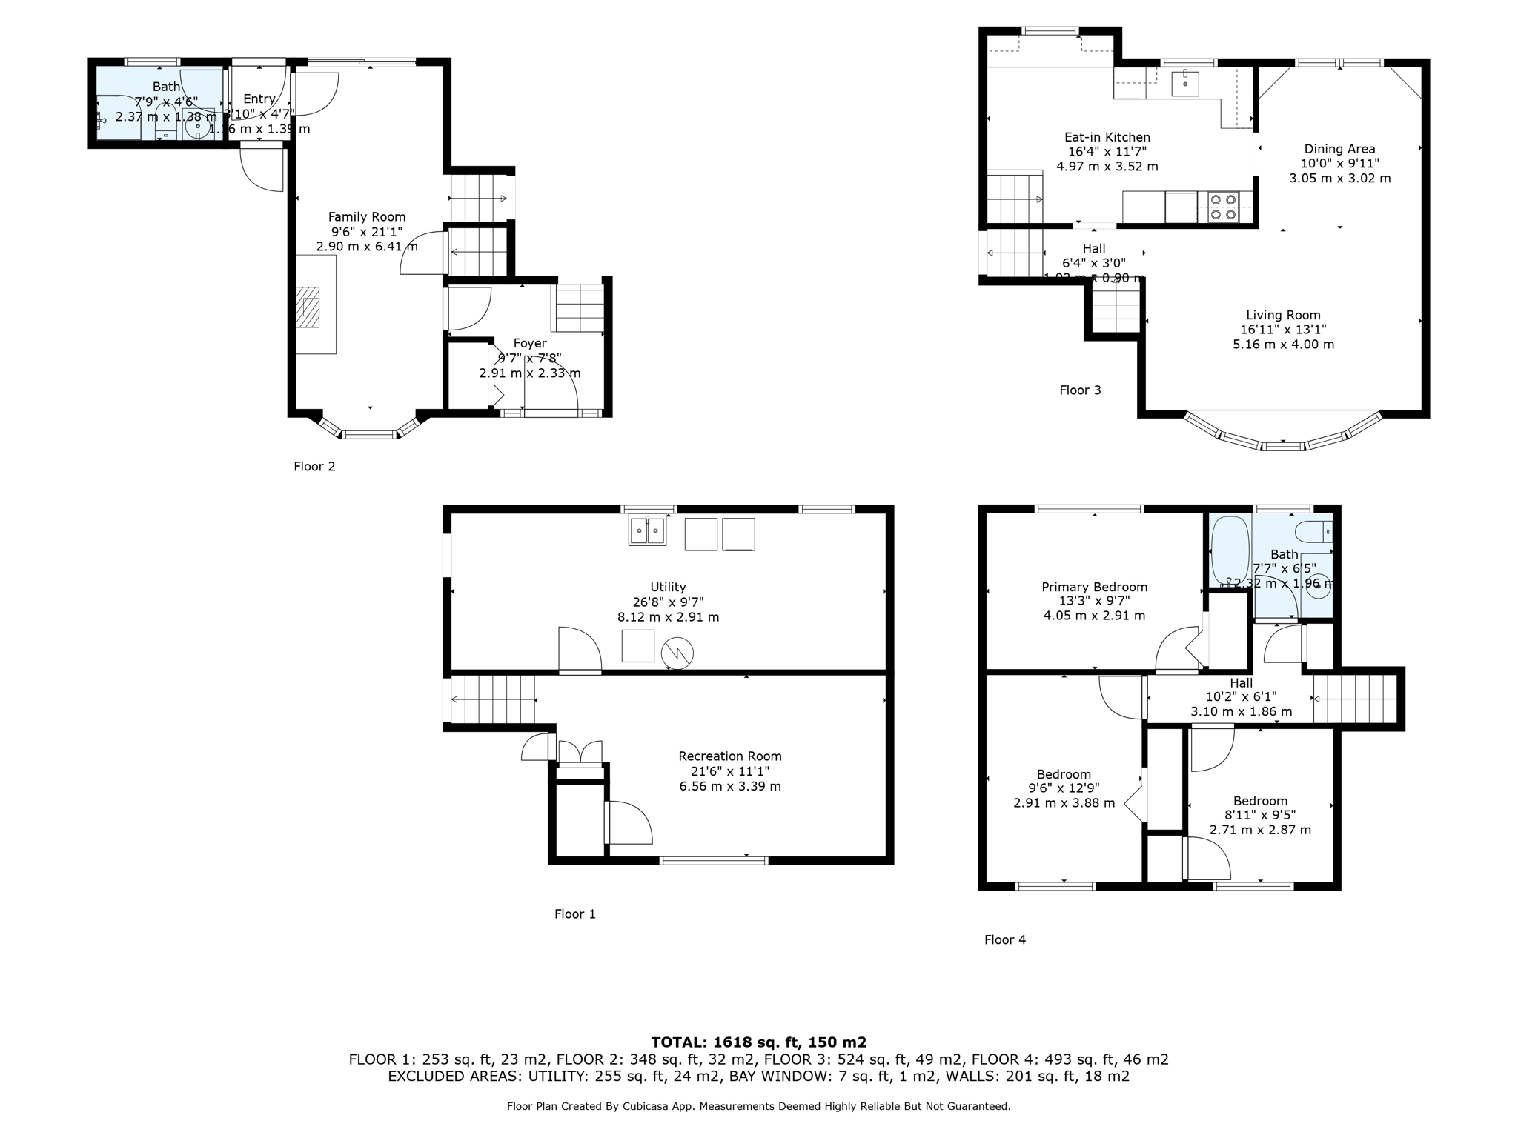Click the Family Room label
click(x=367, y=217)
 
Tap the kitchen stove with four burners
click(x=1223, y=207)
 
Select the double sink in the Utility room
click(x=648, y=531)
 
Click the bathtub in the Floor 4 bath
click(x=1230, y=550)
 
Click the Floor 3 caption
click(x=1080, y=390)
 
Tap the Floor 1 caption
click(x=574, y=914)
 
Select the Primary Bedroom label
click(x=1094, y=588)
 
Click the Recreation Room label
click(x=730, y=756)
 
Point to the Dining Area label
click(x=1339, y=149)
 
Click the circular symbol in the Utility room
click(x=677, y=652)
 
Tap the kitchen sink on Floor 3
click(x=1185, y=84)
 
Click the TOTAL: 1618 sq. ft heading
click(x=758, y=1042)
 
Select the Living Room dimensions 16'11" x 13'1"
click(x=1283, y=330)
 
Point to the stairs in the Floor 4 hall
click(x=1354, y=698)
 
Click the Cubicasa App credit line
click(x=758, y=1106)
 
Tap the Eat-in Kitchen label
click(x=1107, y=137)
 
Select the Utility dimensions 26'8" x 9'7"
click(x=668, y=602)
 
